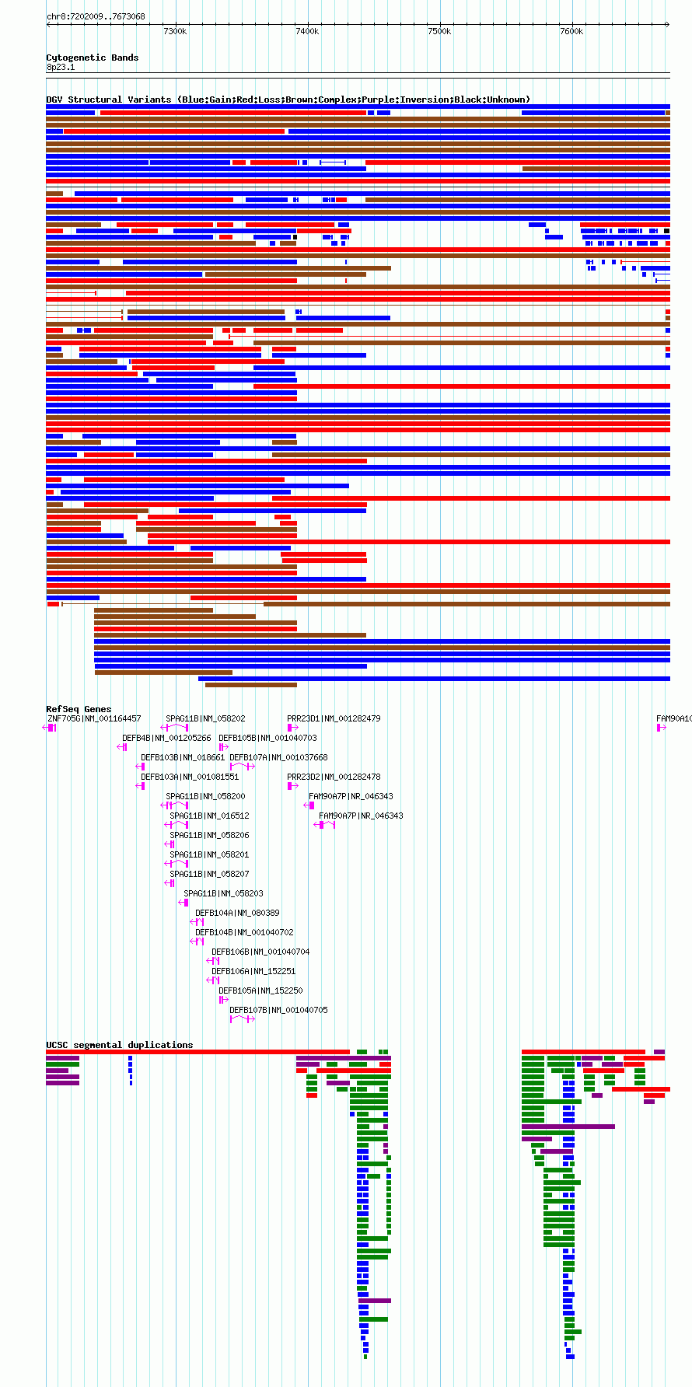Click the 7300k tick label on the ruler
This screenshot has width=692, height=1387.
[x=175, y=31]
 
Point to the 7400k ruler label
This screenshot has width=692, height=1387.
[x=307, y=31]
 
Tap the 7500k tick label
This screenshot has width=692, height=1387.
[x=439, y=31]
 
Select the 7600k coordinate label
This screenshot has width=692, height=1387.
[x=571, y=31]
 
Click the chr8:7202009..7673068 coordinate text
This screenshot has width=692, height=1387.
[x=96, y=16]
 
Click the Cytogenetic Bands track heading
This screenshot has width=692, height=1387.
[x=93, y=58]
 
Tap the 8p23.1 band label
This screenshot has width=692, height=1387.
[x=61, y=68]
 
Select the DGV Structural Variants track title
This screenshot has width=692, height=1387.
[x=288, y=100]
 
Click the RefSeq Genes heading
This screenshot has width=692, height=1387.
[x=79, y=709]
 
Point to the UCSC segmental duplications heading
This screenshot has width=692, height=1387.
[x=120, y=1045]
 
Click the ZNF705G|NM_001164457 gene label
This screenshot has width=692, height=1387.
[x=95, y=718]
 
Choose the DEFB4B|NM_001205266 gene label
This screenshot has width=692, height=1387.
[x=166, y=738]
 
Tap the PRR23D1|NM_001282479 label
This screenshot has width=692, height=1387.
[x=334, y=718]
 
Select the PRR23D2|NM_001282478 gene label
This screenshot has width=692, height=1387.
[x=334, y=777]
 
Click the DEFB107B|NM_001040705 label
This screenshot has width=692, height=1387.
[x=278, y=1010]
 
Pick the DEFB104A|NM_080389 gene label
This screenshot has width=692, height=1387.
[x=237, y=913]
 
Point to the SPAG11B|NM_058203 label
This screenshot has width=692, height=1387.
[x=223, y=893]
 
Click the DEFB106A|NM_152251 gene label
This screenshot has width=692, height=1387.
[x=253, y=971]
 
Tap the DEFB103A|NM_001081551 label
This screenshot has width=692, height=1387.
[x=190, y=777]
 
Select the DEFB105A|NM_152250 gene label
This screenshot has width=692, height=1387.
[x=260, y=990]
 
